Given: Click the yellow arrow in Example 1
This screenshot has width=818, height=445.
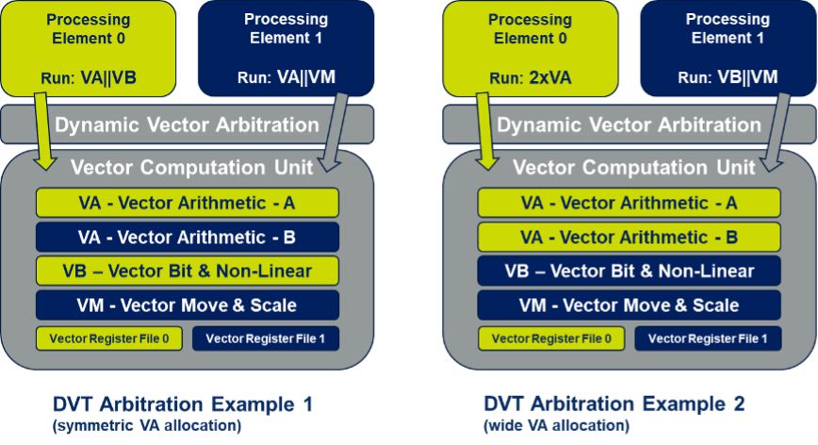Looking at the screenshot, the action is click(x=43, y=131).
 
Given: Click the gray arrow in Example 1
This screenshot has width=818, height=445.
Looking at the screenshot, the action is click(x=333, y=132).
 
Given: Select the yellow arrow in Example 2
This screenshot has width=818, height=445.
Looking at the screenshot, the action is click(x=485, y=131).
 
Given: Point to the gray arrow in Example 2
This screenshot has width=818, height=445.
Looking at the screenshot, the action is click(x=776, y=132).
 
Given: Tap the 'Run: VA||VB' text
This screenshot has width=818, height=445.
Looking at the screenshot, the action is click(x=89, y=77).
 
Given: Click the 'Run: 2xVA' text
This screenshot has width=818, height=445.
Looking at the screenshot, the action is click(x=530, y=77).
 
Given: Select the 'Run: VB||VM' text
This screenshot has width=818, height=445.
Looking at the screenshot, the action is click(x=728, y=77).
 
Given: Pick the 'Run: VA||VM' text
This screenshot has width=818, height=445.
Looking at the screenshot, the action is click(x=286, y=77).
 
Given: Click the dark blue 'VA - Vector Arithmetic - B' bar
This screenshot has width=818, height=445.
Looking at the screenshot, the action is click(x=188, y=237).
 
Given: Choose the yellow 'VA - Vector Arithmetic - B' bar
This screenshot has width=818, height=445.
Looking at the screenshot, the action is click(x=630, y=237).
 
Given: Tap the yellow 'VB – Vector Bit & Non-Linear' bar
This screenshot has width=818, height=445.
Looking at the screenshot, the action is click(x=188, y=271).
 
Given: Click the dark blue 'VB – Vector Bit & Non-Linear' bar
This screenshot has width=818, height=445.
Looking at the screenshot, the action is click(x=630, y=271).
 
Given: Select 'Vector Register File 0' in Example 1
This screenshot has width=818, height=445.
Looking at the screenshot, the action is click(x=109, y=338).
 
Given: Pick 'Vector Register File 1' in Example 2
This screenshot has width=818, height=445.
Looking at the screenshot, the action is click(x=708, y=338).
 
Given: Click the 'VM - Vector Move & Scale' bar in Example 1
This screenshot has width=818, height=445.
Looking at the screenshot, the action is click(x=188, y=305).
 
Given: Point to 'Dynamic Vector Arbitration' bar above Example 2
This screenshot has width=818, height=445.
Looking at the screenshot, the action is click(x=630, y=124).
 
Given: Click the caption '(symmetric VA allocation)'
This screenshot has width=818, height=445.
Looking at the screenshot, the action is click(x=147, y=426).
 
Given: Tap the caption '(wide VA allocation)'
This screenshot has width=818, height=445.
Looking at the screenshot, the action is click(x=557, y=426).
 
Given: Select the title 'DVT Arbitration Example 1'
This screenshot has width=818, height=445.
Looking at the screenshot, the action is click(x=183, y=404).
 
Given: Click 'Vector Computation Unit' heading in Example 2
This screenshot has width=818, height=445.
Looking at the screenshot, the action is click(x=634, y=168).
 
